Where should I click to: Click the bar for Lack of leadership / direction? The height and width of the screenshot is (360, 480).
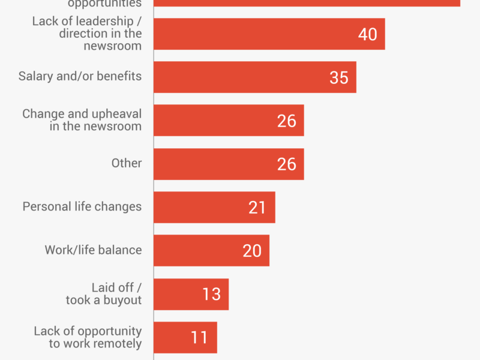tap(269, 34)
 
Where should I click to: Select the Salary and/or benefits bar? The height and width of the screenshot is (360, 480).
tap(254, 77)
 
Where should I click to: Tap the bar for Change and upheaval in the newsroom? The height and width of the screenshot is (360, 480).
tap(229, 121)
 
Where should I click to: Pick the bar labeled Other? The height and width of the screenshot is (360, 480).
tap(229, 164)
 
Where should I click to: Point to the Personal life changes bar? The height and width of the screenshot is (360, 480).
tap(214, 207)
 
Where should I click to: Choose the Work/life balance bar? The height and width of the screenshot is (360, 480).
tap(211, 250)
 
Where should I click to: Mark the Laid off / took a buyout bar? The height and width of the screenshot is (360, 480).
tap(191, 294)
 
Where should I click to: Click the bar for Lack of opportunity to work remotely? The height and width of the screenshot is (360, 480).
tap(185, 337)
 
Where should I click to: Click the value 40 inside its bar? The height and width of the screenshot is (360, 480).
tap(367, 34)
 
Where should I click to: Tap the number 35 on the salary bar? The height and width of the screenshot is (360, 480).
tap(339, 77)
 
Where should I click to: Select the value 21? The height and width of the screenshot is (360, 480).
tap(257, 207)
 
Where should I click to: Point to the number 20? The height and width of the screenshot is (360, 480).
tap(252, 250)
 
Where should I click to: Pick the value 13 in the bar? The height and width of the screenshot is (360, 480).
tap(211, 294)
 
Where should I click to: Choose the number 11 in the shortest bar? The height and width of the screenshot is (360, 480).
tap(199, 337)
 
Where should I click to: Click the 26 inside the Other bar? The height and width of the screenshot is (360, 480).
tap(287, 164)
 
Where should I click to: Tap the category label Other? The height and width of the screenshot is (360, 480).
tap(127, 163)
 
